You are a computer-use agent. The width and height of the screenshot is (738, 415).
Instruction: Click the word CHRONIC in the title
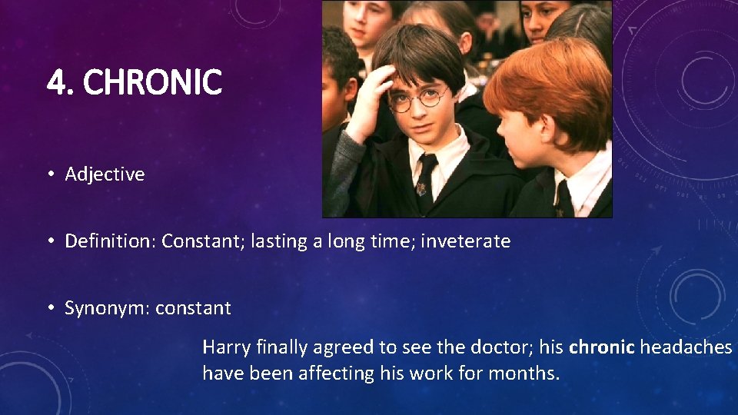coord(152,82)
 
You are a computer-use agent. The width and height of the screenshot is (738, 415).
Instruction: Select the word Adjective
coord(105,174)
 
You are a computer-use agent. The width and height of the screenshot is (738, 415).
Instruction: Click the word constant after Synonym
coord(193,308)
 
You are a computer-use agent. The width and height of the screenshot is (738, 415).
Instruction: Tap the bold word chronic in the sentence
coord(601,347)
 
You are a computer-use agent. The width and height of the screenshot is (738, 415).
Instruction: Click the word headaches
coord(686,347)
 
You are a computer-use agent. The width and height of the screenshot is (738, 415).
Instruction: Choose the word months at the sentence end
coord(528,374)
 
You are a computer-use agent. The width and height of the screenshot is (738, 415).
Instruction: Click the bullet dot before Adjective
coord(49,174)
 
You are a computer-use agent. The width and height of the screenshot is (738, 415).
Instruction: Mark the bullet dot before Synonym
coord(49,308)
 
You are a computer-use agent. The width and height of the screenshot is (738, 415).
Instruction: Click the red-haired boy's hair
coord(546,85)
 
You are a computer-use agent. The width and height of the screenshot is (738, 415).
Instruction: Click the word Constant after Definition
coord(194,241)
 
